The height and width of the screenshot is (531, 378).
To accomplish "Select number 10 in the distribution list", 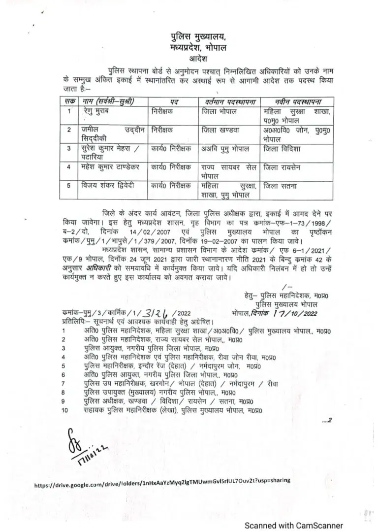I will click(65, 409).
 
